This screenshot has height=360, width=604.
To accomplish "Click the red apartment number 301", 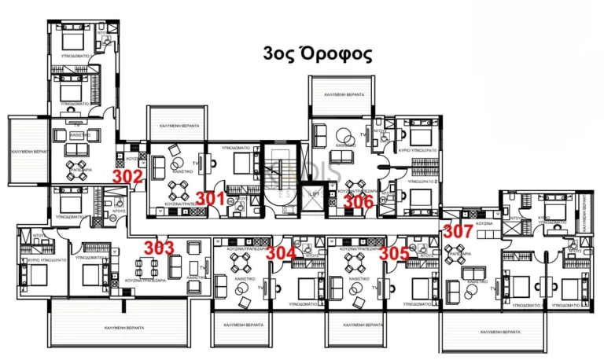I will coord(210,198).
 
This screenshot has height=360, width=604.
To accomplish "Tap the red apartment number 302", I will coord(127,175).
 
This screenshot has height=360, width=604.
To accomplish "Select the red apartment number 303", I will coord(158,248).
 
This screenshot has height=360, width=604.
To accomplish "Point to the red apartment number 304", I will coord(281,253).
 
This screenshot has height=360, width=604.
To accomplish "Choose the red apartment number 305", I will coord(394,253).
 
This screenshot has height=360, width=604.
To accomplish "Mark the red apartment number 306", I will coord(359,200).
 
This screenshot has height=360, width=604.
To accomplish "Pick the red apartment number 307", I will coord(458,231).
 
